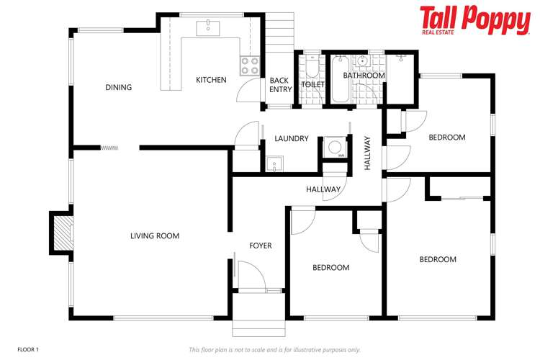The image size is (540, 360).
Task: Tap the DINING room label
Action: [x=119, y=88]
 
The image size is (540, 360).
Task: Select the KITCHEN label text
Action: [x=211, y=80]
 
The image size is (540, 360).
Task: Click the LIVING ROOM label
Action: [x=155, y=235]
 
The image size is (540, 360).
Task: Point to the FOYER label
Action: [x=261, y=246]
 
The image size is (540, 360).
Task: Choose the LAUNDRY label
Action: [x=292, y=139]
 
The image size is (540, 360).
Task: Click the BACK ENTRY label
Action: [x=281, y=85]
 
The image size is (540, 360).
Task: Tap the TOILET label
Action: [x=312, y=85]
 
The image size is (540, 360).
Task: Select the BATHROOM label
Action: [x=364, y=76]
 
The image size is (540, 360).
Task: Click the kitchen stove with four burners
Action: [x=249, y=66]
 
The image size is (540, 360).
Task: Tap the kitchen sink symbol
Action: [x=210, y=28]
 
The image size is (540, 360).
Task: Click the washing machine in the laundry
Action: [x=334, y=147]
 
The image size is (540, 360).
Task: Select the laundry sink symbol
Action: [x=274, y=165]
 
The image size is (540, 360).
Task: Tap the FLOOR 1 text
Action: [x=28, y=349]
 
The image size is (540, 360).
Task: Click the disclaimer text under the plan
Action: [x=274, y=350]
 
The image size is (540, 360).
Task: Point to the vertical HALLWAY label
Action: [x=367, y=153]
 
